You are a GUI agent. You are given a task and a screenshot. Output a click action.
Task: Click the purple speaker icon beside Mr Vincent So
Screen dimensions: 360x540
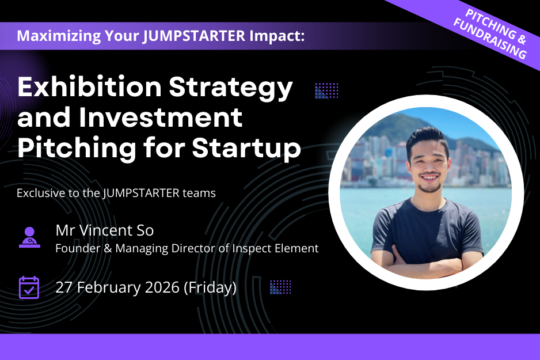click(x=29, y=237)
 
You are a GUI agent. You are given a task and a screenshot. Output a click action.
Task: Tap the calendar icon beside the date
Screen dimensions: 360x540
click(x=29, y=287)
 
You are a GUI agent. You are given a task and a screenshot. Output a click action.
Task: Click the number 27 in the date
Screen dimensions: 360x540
click(x=64, y=287)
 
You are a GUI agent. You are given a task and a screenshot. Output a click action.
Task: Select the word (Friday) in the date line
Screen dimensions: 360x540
click(x=210, y=287)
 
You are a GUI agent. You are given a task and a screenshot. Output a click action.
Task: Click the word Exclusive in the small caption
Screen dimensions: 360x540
click(x=39, y=193)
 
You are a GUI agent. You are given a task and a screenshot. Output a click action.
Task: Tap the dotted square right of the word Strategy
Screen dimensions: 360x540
click(x=326, y=90)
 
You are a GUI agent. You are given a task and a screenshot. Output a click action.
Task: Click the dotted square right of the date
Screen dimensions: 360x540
click(x=280, y=287)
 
